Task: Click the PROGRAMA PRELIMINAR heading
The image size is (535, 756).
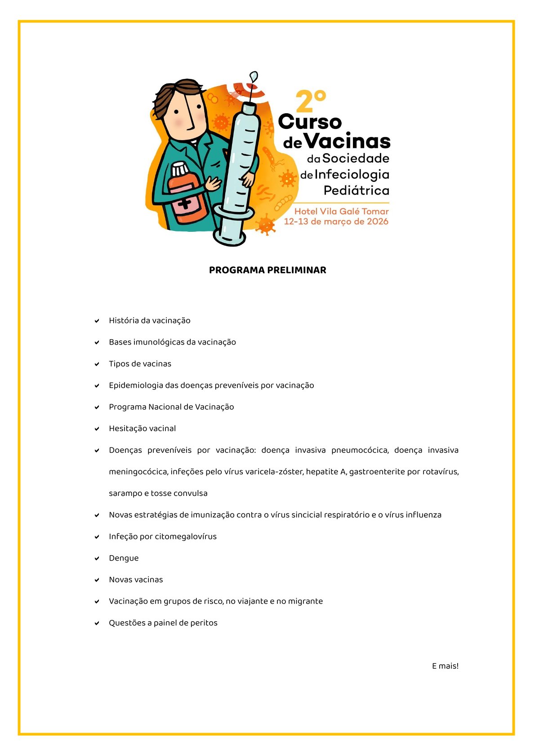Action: [x=267, y=270]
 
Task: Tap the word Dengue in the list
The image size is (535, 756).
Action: [x=124, y=558]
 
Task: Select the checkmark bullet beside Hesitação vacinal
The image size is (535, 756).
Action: [x=97, y=429]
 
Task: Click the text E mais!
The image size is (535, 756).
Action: [x=445, y=666]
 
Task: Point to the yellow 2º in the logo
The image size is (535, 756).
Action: [x=310, y=102]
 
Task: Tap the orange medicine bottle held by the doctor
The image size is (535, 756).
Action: [x=186, y=193]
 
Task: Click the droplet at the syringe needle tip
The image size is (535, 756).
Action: [x=254, y=76]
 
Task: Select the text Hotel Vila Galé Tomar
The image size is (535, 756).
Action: [x=341, y=211]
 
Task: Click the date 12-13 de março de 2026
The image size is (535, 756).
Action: [x=336, y=221]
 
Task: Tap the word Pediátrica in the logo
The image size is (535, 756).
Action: [x=357, y=190]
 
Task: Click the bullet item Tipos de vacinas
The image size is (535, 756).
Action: [x=140, y=364]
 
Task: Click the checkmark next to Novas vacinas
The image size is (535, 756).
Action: [x=97, y=580]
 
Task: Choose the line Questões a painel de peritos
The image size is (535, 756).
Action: [x=163, y=623]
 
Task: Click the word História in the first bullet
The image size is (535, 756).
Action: [x=124, y=321]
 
